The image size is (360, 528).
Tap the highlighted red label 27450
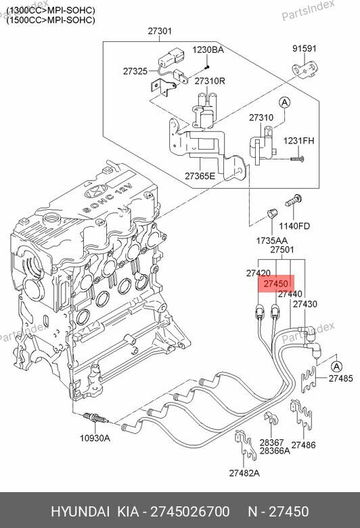click(277, 284)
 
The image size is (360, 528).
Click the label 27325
click(135, 70)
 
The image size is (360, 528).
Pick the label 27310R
click(209, 81)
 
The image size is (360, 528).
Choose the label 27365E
click(201, 176)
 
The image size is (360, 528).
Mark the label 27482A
click(244, 472)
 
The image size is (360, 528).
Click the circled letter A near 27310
click(285, 103)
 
